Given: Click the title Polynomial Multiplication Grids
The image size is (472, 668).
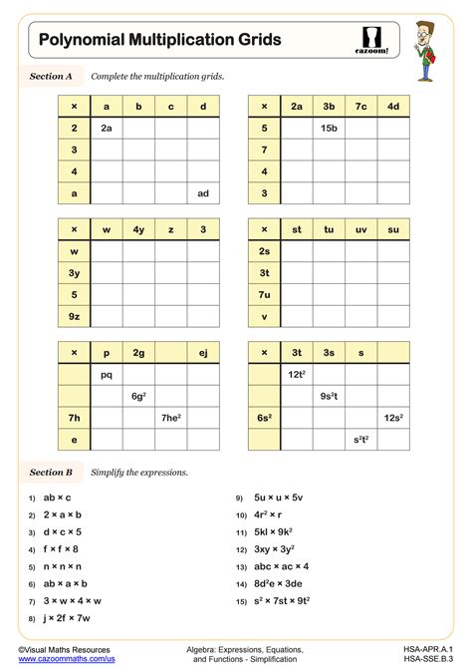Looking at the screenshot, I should pyautogui.click(x=159, y=40).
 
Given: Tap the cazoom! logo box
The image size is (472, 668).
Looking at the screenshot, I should pyautogui.click(x=370, y=40).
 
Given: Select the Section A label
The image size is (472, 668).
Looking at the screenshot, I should pyautogui.click(x=52, y=76).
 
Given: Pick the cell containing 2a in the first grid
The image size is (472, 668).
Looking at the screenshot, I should pyautogui.click(x=107, y=128).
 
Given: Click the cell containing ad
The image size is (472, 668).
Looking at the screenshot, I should pyautogui.click(x=203, y=193).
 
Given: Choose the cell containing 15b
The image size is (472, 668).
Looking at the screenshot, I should pyautogui.click(x=329, y=128).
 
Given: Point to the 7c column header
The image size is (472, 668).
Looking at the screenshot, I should pyautogui.click(x=361, y=106).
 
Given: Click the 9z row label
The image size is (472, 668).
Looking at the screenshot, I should pyautogui.click(x=75, y=317).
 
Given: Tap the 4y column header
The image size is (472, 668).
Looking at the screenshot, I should pyautogui.click(x=138, y=230).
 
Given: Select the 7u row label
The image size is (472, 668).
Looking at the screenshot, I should pyautogui.click(x=264, y=295).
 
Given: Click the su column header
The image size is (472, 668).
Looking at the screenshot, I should pyautogui.click(x=393, y=230).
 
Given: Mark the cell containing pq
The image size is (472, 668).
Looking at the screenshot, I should pyautogui.click(x=107, y=375).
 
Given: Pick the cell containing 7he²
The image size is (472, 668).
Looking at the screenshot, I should pyautogui.click(x=171, y=418).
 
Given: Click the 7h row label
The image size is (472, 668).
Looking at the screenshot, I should pyautogui.click(x=75, y=418).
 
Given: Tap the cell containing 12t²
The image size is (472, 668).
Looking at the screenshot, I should pyautogui.click(x=297, y=375).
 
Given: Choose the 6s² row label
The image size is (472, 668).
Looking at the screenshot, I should pyautogui.click(x=264, y=418).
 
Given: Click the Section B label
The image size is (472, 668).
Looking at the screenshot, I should pyautogui.click(x=52, y=472).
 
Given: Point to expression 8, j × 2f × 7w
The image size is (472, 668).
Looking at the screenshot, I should pyautogui.click(x=66, y=618).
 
